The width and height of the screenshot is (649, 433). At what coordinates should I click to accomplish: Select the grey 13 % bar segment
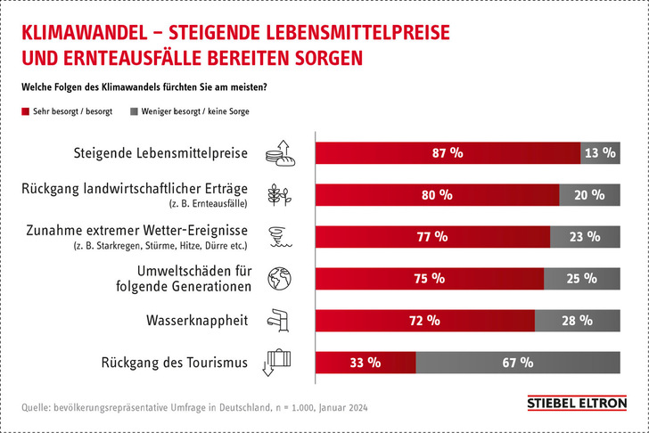pos(599,152)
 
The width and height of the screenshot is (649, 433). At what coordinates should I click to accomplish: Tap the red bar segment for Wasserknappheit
pos(425,320)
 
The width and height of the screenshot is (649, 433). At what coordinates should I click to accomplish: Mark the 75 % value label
pos(430,278)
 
